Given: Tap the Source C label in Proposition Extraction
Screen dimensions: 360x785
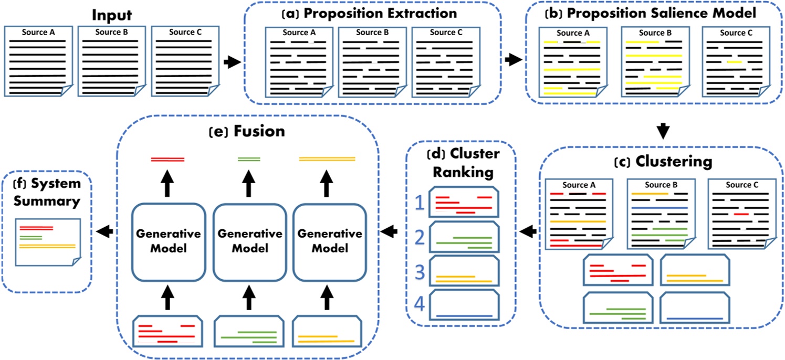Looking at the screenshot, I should tap(445, 33).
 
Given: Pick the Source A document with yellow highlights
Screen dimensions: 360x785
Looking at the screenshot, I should tap(572, 62).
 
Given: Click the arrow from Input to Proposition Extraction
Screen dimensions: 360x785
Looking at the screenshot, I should tap(232, 62).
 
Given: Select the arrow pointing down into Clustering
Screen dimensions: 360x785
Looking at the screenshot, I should tap(663, 130).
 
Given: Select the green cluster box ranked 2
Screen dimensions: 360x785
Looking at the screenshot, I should tap(464, 239).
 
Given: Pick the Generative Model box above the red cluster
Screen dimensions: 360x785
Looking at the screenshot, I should tap(166, 240).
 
